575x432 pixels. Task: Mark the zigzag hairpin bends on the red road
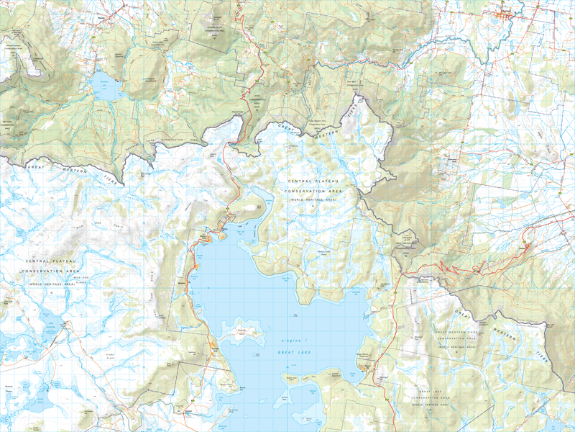coord(460,269)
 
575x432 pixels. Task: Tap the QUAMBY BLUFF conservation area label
coord(216,29)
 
